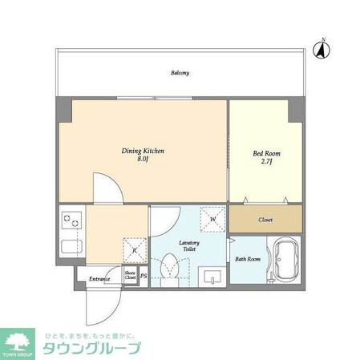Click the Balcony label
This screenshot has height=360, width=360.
[180, 73]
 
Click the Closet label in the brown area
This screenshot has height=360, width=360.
[266, 219]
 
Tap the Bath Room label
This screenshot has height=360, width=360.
[248, 259]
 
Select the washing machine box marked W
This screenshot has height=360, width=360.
[213, 218]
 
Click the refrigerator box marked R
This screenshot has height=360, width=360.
[135, 250]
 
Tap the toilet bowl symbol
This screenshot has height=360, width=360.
[169, 268]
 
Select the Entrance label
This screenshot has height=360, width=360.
[99, 278]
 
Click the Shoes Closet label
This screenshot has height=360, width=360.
[130, 275]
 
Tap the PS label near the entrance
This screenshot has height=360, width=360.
[144, 277]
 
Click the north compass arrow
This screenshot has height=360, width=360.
[321, 50]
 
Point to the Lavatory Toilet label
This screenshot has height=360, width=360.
[189, 246]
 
